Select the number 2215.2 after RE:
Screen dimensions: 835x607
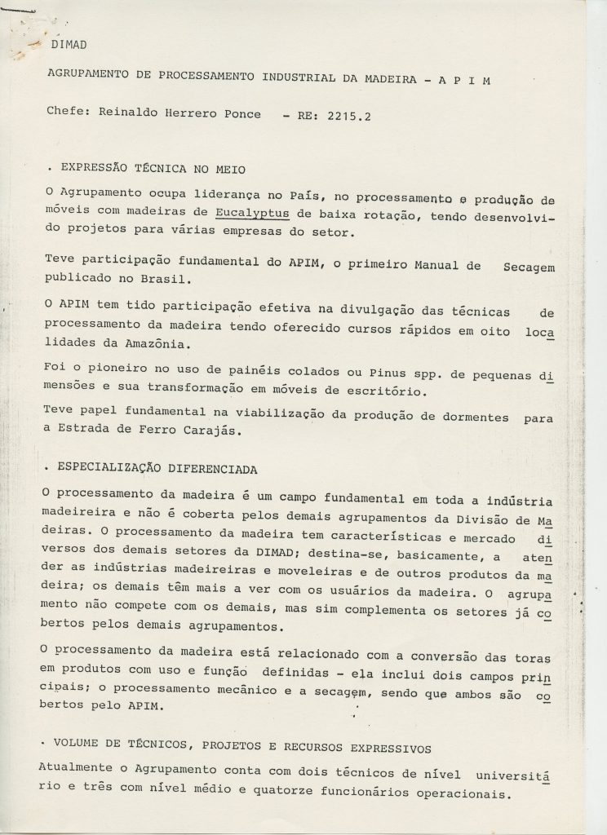click(x=346, y=116)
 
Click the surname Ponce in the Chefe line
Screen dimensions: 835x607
click(x=238, y=114)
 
